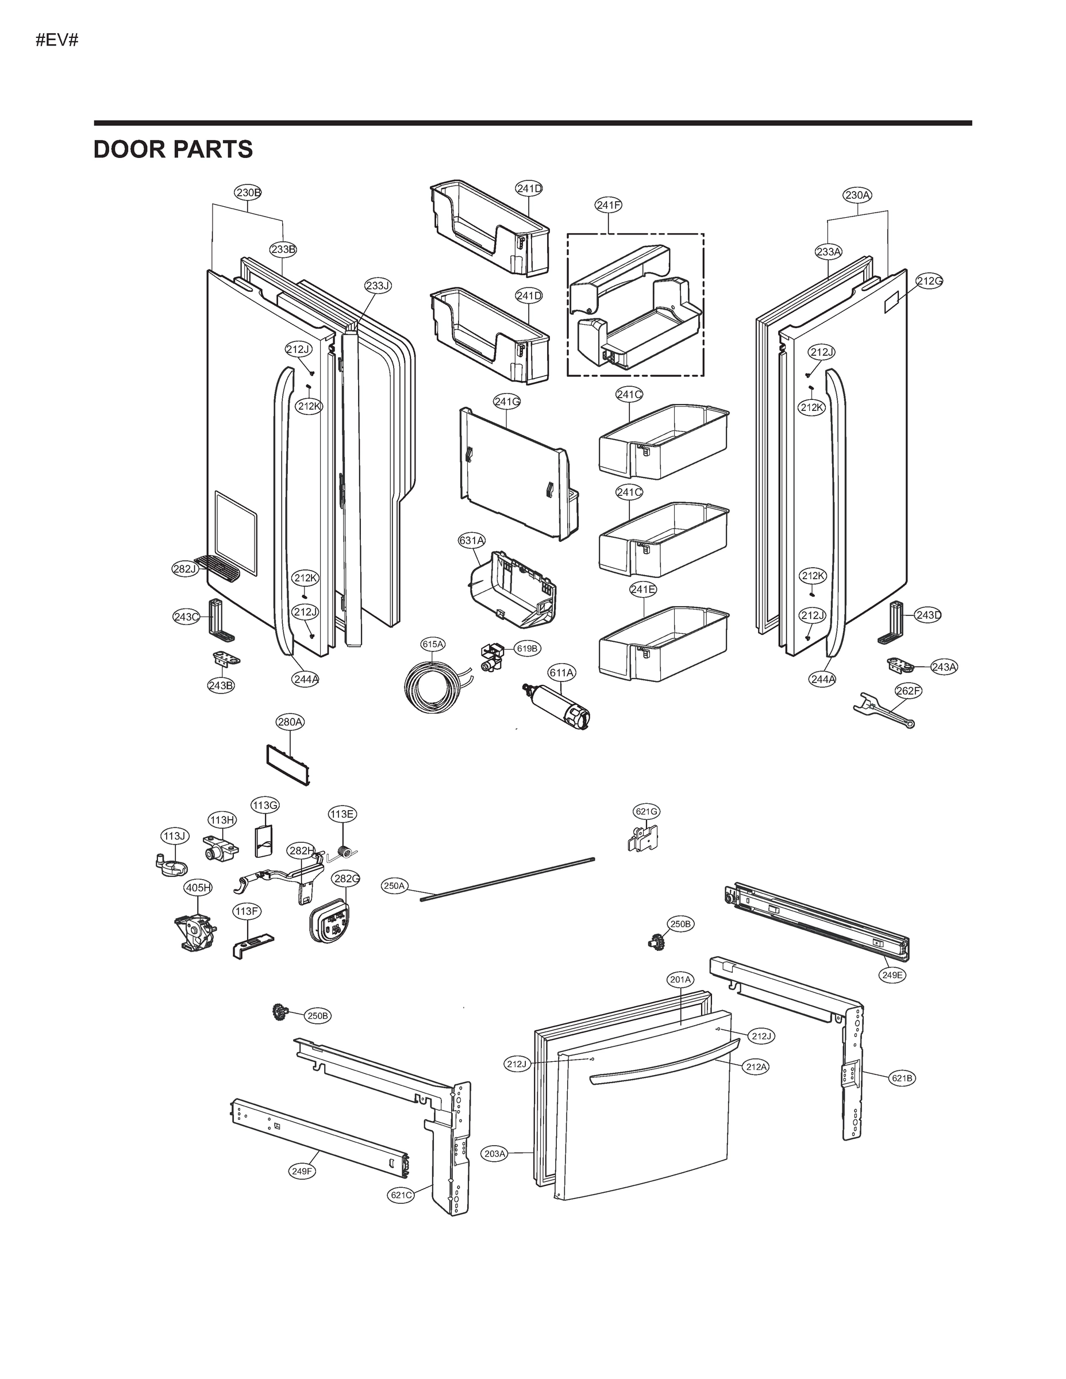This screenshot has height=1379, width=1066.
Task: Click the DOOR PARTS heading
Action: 173,149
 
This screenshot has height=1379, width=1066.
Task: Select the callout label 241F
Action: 608,205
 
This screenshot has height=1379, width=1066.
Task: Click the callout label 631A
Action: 472,541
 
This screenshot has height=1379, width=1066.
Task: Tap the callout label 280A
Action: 290,722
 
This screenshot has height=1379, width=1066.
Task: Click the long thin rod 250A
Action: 509,879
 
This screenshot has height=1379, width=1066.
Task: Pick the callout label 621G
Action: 646,811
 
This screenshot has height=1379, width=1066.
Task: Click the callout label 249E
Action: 892,975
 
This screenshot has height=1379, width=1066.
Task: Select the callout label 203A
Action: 495,1154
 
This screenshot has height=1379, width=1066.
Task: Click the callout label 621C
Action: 401,1195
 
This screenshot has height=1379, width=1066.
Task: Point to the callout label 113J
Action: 174,836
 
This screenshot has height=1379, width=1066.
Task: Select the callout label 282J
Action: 185,569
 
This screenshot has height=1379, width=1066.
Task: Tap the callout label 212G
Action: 929,281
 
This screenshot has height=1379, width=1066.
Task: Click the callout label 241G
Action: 506,401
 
